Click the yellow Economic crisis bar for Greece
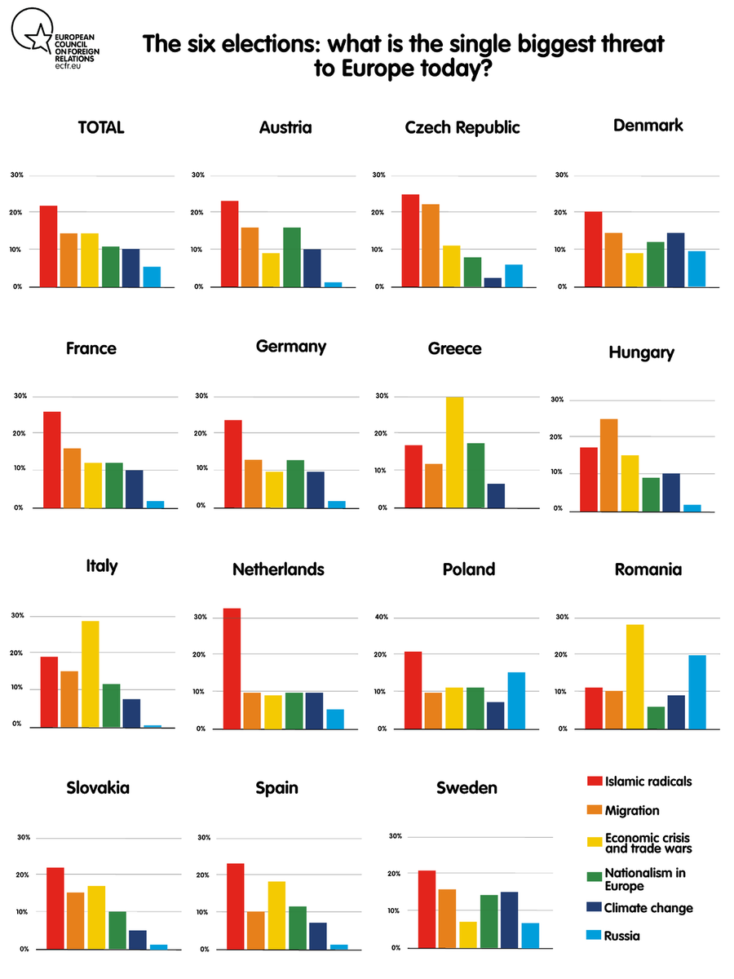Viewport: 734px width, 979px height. click(x=454, y=453)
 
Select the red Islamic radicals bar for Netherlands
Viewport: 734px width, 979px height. click(x=232, y=668)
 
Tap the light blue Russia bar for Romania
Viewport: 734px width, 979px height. click(x=697, y=692)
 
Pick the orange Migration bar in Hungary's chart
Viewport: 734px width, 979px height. click(x=608, y=465)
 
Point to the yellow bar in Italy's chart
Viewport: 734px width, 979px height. click(x=90, y=674)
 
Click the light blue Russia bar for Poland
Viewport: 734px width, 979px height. click(x=516, y=700)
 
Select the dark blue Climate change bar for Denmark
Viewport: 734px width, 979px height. click(x=675, y=260)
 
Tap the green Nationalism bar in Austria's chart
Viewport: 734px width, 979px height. click(x=292, y=257)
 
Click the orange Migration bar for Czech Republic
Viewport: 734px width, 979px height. click(x=431, y=246)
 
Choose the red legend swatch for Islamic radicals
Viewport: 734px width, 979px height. click(x=595, y=782)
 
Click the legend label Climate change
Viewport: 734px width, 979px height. click(x=648, y=908)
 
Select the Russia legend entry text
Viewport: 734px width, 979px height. click(x=622, y=936)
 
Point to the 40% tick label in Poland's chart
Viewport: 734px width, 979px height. click(x=379, y=617)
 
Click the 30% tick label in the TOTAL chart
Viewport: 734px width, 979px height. click(x=17, y=175)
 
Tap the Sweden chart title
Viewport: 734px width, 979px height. click(x=466, y=787)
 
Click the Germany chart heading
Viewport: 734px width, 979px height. click(x=291, y=346)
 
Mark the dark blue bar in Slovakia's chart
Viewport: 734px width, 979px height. click(x=137, y=939)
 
